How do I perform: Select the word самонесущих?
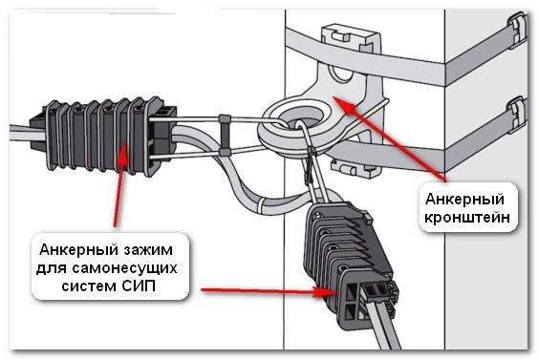pos(124,268)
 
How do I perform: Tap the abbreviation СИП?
pos(138,286)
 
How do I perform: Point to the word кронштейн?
pos(467,218)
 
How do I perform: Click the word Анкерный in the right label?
pos(464,200)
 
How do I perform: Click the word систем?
pos(89,286)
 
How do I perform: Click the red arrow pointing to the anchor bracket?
pos(390,138)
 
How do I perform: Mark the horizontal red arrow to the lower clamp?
pos(269,291)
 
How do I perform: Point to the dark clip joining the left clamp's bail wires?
pos(225,136)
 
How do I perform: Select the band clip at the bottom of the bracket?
pos(354,167)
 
